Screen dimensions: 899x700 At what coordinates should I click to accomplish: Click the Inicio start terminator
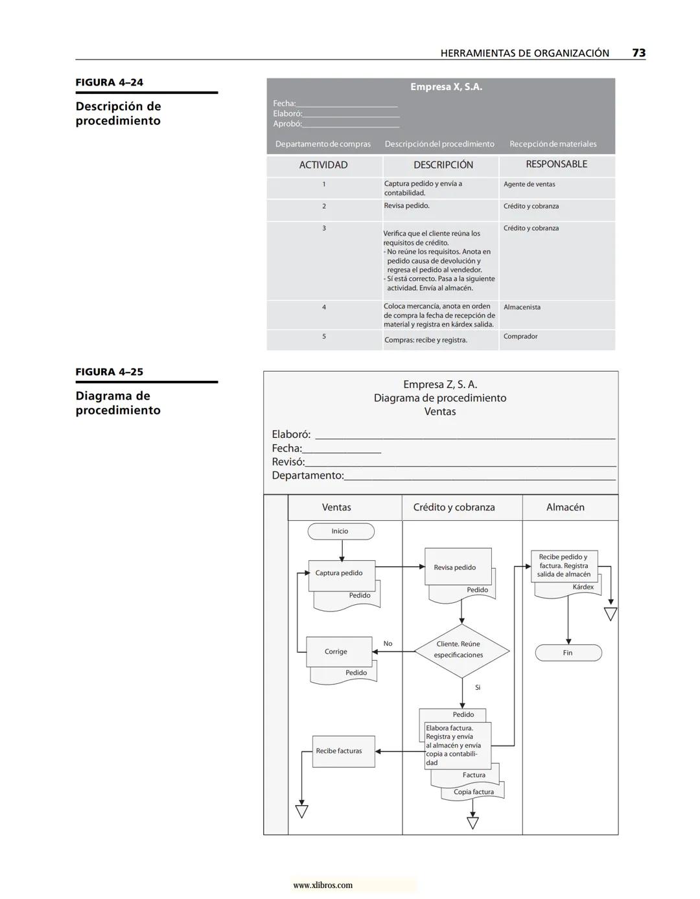click(x=340, y=531)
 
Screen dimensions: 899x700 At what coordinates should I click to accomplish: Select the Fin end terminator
click(x=568, y=653)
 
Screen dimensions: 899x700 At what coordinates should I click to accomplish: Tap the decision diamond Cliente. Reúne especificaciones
click(x=461, y=650)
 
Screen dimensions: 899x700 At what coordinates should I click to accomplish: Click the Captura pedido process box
click(x=341, y=574)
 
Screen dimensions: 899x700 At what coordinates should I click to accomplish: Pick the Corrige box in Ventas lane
click(x=338, y=652)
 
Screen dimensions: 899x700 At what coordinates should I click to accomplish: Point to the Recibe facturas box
click(x=343, y=751)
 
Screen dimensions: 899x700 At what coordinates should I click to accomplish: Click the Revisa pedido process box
click(x=458, y=567)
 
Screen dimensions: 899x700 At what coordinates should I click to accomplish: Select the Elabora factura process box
click(x=457, y=745)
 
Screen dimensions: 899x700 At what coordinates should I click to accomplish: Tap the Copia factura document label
click(x=474, y=792)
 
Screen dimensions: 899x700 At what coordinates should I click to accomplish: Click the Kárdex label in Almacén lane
click(x=583, y=587)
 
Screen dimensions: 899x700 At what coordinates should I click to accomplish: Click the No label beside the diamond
click(x=388, y=644)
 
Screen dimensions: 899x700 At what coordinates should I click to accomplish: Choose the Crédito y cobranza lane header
click(x=454, y=508)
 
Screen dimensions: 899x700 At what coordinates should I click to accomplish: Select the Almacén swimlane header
click(x=565, y=508)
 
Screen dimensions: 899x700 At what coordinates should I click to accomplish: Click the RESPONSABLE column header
click(x=556, y=165)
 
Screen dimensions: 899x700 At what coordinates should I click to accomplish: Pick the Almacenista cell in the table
click(x=522, y=307)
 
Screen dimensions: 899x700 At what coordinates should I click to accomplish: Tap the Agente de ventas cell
click(x=529, y=184)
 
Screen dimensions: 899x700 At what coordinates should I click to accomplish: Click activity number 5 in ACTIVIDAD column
click(x=324, y=337)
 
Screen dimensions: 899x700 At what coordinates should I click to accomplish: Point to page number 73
click(x=638, y=53)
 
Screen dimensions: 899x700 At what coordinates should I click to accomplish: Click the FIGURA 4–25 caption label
click(x=110, y=372)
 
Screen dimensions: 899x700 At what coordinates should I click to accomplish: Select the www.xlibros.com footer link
click(x=323, y=885)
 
